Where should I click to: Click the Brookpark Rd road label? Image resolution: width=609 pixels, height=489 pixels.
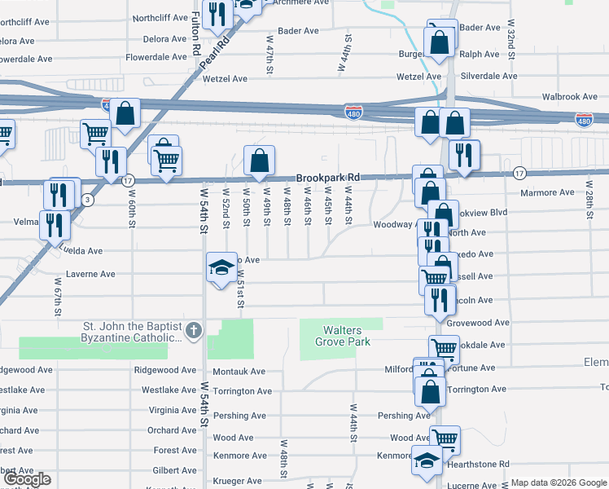(327, 177)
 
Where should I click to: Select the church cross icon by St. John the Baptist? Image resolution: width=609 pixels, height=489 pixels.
(193, 331)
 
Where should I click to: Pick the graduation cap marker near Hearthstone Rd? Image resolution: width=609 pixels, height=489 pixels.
(427, 461)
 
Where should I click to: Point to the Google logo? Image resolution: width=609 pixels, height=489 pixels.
(27, 480)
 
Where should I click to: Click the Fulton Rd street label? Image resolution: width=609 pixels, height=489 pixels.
(197, 34)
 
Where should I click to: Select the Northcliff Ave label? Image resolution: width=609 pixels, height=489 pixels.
(160, 17)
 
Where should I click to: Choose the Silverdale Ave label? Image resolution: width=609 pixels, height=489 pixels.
(489, 76)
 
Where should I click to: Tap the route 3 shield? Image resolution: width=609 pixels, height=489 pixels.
(88, 199)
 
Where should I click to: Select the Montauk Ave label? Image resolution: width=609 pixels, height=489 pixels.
(239, 371)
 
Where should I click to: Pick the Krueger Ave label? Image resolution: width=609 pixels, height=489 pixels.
(237, 482)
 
